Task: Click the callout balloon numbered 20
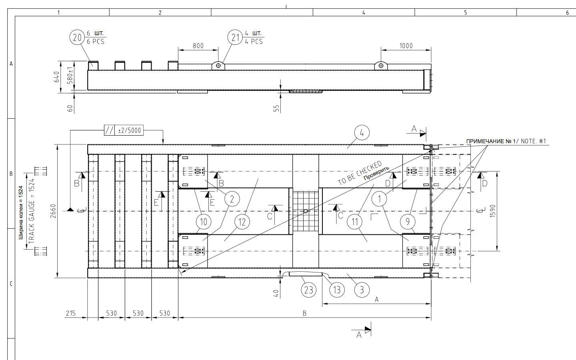[x=77, y=38]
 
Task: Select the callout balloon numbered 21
[x=235, y=38]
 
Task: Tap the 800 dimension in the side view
[x=198, y=46]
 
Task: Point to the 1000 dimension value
[x=406, y=46]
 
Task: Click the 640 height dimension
[x=56, y=77]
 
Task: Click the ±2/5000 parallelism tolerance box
[x=129, y=130]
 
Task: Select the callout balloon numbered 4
[x=362, y=132]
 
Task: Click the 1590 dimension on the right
[x=492, y=211]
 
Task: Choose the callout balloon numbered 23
[x=309, y=290]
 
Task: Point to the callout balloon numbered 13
[x=337, y=290]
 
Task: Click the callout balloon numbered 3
[x=362, y=290]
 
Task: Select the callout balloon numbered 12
[x=242, y=222]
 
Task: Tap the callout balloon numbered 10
[x=204, y=222]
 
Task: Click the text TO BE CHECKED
[x=360, y=173]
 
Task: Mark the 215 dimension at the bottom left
[x=71, y=313]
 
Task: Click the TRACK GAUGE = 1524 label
[x=32, y=211]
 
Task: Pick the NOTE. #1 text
[x=533, y=141]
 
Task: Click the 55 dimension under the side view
[x=276, y=108]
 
